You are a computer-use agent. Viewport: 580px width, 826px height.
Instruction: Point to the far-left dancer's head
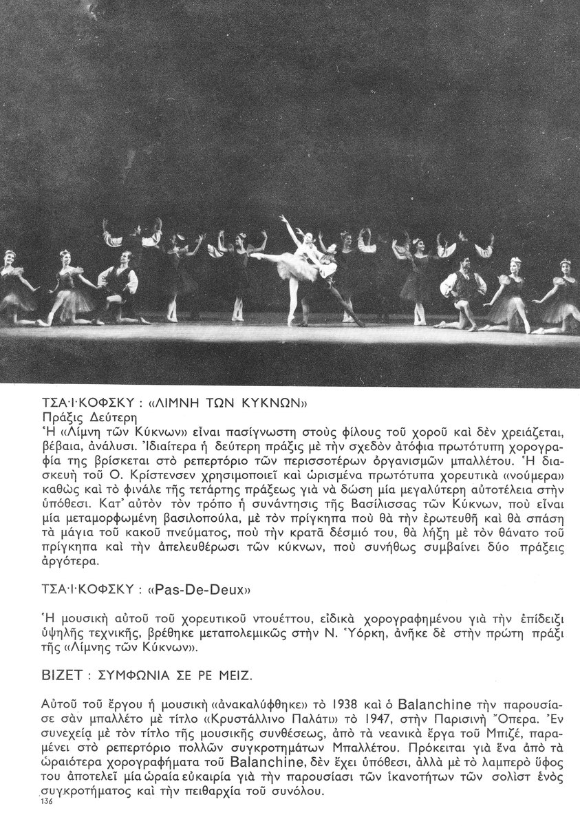[x=10, y=256]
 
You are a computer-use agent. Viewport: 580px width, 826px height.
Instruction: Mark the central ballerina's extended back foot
[x=254, y=256]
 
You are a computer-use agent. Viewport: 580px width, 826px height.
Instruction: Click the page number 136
[x=47, y=803]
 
